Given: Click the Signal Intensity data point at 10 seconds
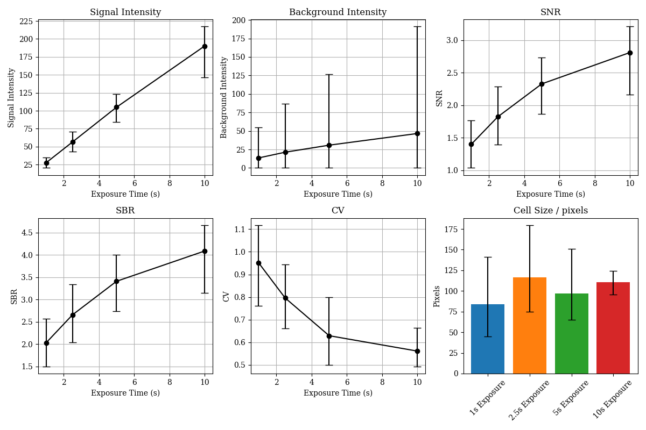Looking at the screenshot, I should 205,46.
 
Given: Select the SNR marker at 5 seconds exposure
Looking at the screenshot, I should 542,84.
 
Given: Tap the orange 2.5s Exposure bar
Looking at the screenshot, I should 530,326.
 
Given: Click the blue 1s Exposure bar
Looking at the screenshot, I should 488,339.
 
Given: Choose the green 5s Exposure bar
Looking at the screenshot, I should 572,333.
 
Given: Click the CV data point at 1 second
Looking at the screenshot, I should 258,263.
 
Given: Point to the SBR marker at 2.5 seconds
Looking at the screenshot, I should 73,315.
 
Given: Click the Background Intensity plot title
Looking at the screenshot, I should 338,12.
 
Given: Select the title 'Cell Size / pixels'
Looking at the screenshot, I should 550,211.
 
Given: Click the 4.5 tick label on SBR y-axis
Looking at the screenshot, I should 25,233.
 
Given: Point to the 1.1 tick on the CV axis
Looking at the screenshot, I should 240,229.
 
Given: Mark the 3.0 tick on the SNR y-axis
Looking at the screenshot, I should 452,40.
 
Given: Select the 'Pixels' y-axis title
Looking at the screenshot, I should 437,296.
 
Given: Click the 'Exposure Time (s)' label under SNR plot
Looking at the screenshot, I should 550,194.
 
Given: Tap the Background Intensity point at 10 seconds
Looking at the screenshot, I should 417,133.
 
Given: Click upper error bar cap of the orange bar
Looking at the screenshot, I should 530,225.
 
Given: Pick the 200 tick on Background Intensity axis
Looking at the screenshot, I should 238,20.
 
